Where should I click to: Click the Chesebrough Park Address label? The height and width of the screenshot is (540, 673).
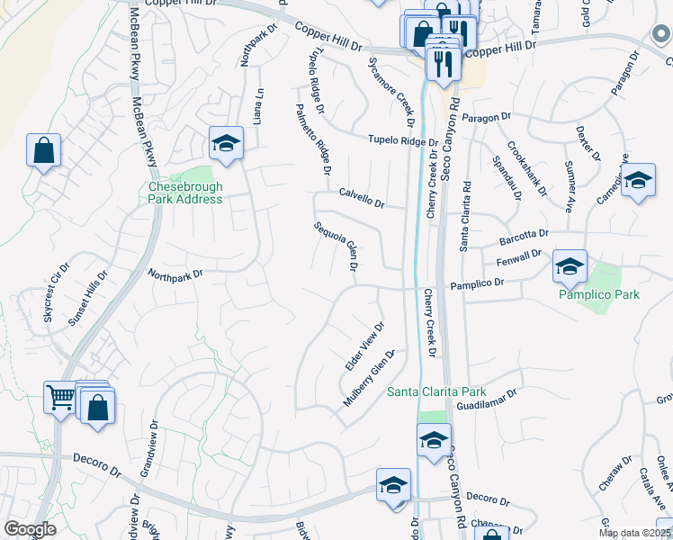point(185,193)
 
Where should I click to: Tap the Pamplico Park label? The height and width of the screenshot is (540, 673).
point(598,294)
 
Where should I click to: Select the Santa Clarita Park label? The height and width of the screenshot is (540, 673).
point(436,391)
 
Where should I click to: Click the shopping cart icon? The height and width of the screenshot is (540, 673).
point(59,396)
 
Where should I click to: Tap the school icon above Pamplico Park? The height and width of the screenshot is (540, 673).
point(570,265)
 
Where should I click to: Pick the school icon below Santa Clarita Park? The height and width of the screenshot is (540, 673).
point(434,440)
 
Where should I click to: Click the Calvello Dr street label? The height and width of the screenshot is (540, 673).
point(362,197)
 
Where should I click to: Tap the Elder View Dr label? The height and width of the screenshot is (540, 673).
point(365,347)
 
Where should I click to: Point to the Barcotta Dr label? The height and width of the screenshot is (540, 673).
point(523,237)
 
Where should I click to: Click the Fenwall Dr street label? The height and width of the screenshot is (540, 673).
point(518,260)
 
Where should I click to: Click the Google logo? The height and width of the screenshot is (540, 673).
point(30,529)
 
